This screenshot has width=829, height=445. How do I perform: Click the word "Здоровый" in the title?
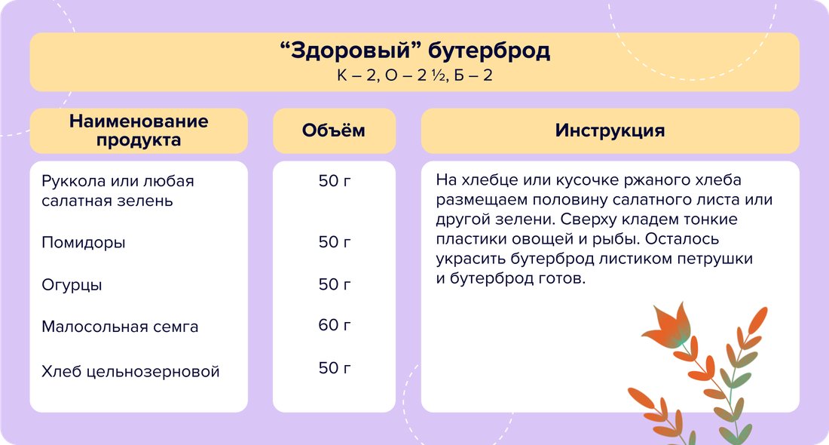coord(351,51)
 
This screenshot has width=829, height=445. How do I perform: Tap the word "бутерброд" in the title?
coord(489,51)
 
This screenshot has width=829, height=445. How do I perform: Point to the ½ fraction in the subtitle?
coord(439,75)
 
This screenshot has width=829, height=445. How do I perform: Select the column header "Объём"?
coord(334,130)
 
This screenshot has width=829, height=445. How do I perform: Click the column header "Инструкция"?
coord(610,130)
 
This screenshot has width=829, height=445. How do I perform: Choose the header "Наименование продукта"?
coord(139,130)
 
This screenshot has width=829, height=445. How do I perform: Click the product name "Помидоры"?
coord(84,242)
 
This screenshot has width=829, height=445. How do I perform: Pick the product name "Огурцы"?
coord(72,284)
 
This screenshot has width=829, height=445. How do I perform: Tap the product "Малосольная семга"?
coord(120,327)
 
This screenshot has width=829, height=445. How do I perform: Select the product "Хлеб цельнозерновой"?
coord(130,371)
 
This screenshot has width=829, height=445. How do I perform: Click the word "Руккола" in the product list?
coord(73,182)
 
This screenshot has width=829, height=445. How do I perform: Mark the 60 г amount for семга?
coord(334,324)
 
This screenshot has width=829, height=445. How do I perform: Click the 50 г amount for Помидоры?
coord(334,242)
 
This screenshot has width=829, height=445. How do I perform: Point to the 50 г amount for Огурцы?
coord(334,284)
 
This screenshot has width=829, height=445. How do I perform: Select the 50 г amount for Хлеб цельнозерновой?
coord(334,368)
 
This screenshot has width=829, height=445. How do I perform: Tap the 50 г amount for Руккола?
coord(334,180)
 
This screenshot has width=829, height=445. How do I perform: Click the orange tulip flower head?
coord(668,325)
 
